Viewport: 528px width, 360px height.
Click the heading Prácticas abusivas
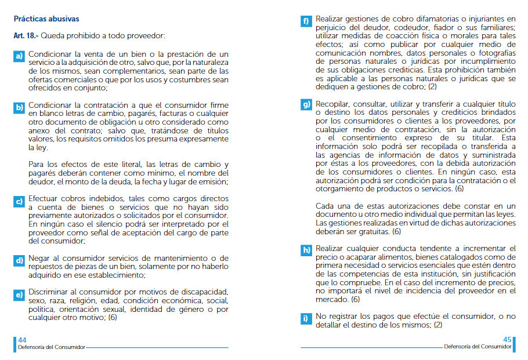[46, 19]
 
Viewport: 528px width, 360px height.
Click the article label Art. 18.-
[26, 36]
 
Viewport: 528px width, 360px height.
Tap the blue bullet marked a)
[19, 56]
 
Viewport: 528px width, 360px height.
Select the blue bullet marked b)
[19, 107]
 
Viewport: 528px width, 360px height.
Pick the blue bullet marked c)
[19, 202]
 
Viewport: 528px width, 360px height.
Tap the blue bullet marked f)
[306, 22]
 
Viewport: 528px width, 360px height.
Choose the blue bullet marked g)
[306, 105]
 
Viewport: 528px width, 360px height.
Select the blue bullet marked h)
[306, 250]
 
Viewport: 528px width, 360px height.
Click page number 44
[22, 340]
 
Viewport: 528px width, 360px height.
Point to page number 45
[507, 340]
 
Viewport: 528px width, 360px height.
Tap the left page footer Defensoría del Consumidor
[51, 347]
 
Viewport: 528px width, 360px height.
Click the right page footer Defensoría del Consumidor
[478, 347]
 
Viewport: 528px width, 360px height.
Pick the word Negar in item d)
[39, 258]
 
